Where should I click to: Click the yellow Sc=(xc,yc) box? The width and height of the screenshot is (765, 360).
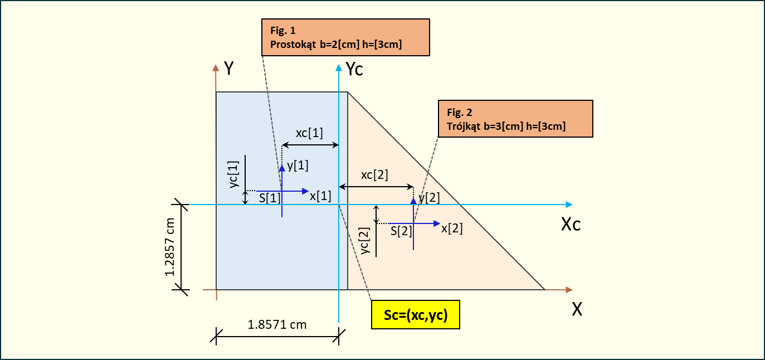tap(416, 315)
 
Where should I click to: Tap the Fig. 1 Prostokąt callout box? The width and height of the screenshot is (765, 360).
tap(345, 37)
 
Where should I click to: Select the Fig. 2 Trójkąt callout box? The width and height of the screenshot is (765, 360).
tap(515, 119)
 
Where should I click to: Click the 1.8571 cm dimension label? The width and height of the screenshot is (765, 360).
tap(277, 324)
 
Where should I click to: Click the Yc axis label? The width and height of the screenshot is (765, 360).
tap(354, 69)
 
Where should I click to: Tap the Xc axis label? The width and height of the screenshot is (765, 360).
tap(571, 225)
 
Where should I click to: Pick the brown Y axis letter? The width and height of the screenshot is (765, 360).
tap(228, 68)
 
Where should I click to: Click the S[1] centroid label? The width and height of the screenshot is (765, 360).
tap(270, 198)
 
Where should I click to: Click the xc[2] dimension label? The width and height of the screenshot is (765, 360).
tap(374, 174)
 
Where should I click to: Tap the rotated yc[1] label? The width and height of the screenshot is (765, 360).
tap(234, 174)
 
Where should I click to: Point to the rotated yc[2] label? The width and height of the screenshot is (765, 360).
tap(366, 241)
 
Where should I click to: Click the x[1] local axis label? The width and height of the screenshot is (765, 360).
tap(320, 196)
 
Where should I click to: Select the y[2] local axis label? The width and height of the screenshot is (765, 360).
tap(429, 197)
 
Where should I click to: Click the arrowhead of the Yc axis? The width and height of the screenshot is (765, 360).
tap(339, 68)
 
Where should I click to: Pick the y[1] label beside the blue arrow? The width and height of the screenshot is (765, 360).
tap(298, 165)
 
